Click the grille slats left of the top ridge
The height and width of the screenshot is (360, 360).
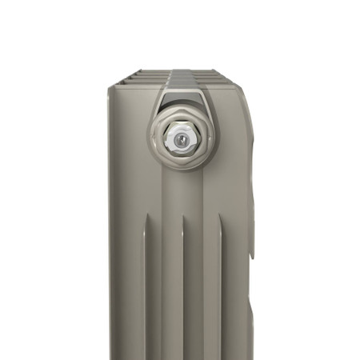point(144,78)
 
